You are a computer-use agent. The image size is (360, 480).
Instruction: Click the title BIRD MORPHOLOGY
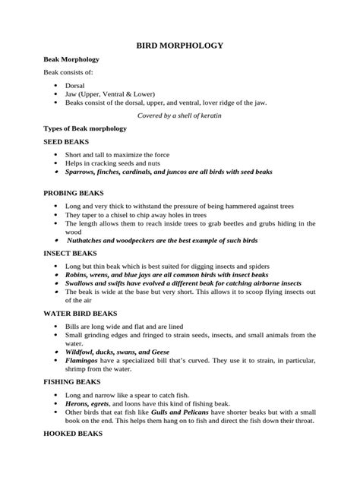point(179,46)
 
